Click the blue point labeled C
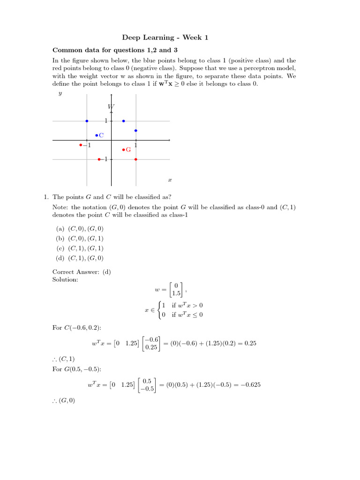click(96, 135)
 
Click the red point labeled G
click(123, 150)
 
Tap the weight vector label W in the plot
click(111, 107)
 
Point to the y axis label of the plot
click(60, 94)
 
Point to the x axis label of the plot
click(170, 180)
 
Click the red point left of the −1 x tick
click(81, 145)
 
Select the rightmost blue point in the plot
click(135, 130)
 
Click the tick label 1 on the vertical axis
click(106, 121)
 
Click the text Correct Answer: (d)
click(82, 272)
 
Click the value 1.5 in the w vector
click(176, 293)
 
